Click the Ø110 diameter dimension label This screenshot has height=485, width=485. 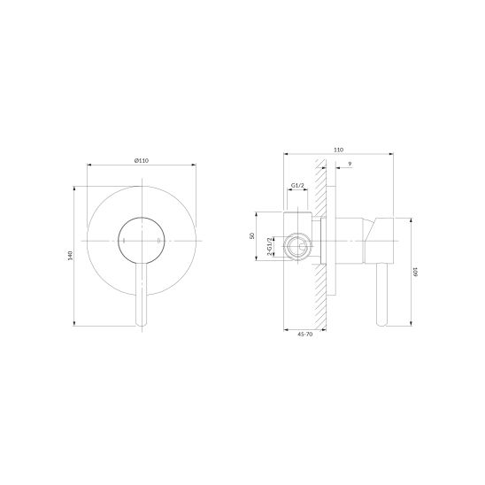pyautogui.click(x=142, y=160)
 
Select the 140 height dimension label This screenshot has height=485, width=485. pyautogui.click(x=70, y=256)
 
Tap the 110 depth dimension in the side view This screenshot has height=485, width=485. pyautogui.click(x=339, y=150)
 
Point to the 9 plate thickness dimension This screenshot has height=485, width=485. pyautogui.click(x=350, y=164)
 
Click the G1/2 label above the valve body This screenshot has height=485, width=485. pyautogui.click(x=297, y=185)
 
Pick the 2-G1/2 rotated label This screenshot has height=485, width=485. pyautogui.click(x=269, y=247)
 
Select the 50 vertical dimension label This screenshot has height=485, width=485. pyautogui.click(x=252, y=235)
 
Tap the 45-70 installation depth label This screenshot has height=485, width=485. pyautogui.click(x=305, y=334)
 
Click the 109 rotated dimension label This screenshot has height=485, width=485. pyautogui.click(x=416, y=272)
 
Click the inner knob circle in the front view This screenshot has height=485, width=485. pyautogui.click(x=142, y=218)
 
